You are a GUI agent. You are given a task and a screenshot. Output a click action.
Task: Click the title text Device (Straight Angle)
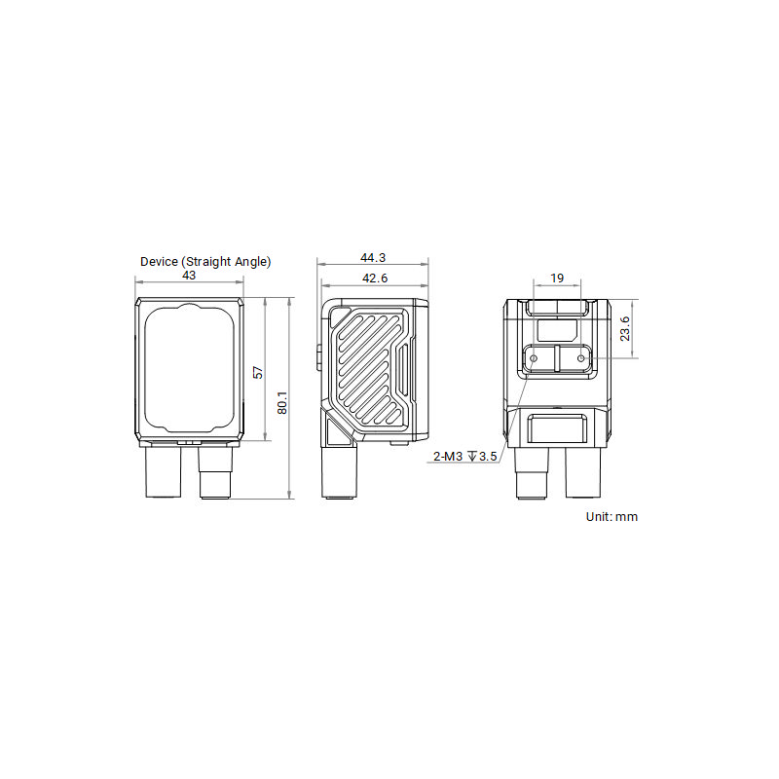(x=205, y=261)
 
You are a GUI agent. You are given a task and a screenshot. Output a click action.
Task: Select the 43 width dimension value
(x=189, y=276)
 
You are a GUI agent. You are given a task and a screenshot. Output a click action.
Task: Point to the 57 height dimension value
(x=258, y=372)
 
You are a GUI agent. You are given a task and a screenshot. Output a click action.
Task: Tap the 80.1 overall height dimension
(x=281, y=401)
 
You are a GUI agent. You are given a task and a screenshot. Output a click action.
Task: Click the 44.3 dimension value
(x=373, y=258)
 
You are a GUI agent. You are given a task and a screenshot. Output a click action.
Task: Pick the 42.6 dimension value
(x=373, y=278)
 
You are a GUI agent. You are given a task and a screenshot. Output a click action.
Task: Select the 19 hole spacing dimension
(x=557, y=278)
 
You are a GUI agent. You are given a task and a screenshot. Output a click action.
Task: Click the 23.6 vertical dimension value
(x=625, y=328)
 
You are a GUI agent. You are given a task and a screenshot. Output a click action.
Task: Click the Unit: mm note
(x=612, y=517)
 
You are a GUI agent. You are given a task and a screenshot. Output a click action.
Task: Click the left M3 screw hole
(x=533, y=358)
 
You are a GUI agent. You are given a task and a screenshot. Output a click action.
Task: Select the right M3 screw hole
(x=581, y=358)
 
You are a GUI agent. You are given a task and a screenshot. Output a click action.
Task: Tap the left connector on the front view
(x=163, y=471)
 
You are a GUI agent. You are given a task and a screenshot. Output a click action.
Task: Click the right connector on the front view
(x=215, y=473)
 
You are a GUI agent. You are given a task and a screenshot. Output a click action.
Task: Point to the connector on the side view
(x=338, y=473)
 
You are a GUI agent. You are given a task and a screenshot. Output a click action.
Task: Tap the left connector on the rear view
(x=531, y=473)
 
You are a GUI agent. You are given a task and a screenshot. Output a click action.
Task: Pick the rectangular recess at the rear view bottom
(x=557, y=428)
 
